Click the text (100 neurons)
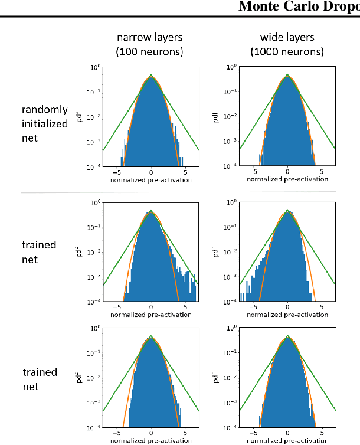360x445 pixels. click(150, 52)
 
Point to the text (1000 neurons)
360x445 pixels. click(287, 52)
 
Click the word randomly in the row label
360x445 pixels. click(45, 110)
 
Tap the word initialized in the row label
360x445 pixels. click(45, 123)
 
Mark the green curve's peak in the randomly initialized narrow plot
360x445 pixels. click(151, 76)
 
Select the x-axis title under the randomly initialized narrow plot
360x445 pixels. click(151, 179)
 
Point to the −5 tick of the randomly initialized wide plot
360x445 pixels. click(253, 172)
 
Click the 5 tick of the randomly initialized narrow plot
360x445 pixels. click(185, 172)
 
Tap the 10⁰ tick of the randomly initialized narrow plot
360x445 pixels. click(96, 67)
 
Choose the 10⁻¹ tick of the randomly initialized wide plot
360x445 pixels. click(233, 92)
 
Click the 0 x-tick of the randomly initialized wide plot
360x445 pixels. click(287, 172)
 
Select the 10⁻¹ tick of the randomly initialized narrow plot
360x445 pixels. click(96, 92)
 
